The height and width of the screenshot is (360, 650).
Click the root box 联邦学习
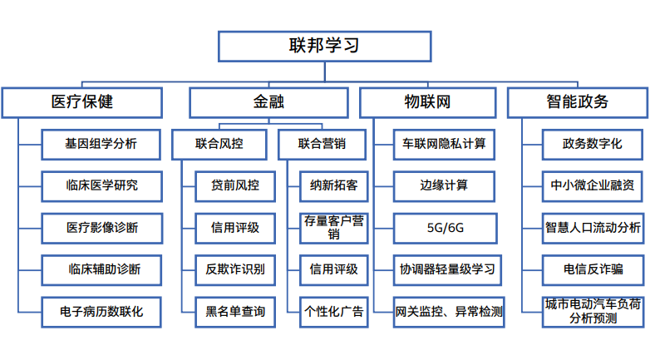324,46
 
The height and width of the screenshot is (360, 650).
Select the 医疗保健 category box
81,102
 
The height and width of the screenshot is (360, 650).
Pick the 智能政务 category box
577,102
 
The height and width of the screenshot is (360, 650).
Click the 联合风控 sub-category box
219,144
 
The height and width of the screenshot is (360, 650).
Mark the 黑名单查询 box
235,312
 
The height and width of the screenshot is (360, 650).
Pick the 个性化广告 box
333,312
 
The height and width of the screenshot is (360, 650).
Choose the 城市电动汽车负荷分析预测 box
593,311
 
